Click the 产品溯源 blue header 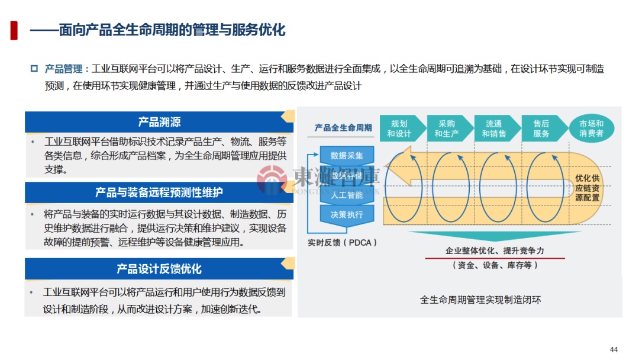159,122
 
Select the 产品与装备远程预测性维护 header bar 159,192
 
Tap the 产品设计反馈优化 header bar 159,269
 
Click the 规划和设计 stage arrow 401,128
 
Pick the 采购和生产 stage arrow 448,128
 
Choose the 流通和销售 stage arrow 495,128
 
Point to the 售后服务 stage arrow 542,128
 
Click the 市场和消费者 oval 591,128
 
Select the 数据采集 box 347,156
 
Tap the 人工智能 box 347,195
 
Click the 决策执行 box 347,214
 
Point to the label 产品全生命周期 343,127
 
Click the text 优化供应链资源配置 587,188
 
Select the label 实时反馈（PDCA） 343,243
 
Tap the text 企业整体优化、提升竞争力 495,251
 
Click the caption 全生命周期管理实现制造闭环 480,300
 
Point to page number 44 614,349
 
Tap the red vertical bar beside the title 14,30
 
